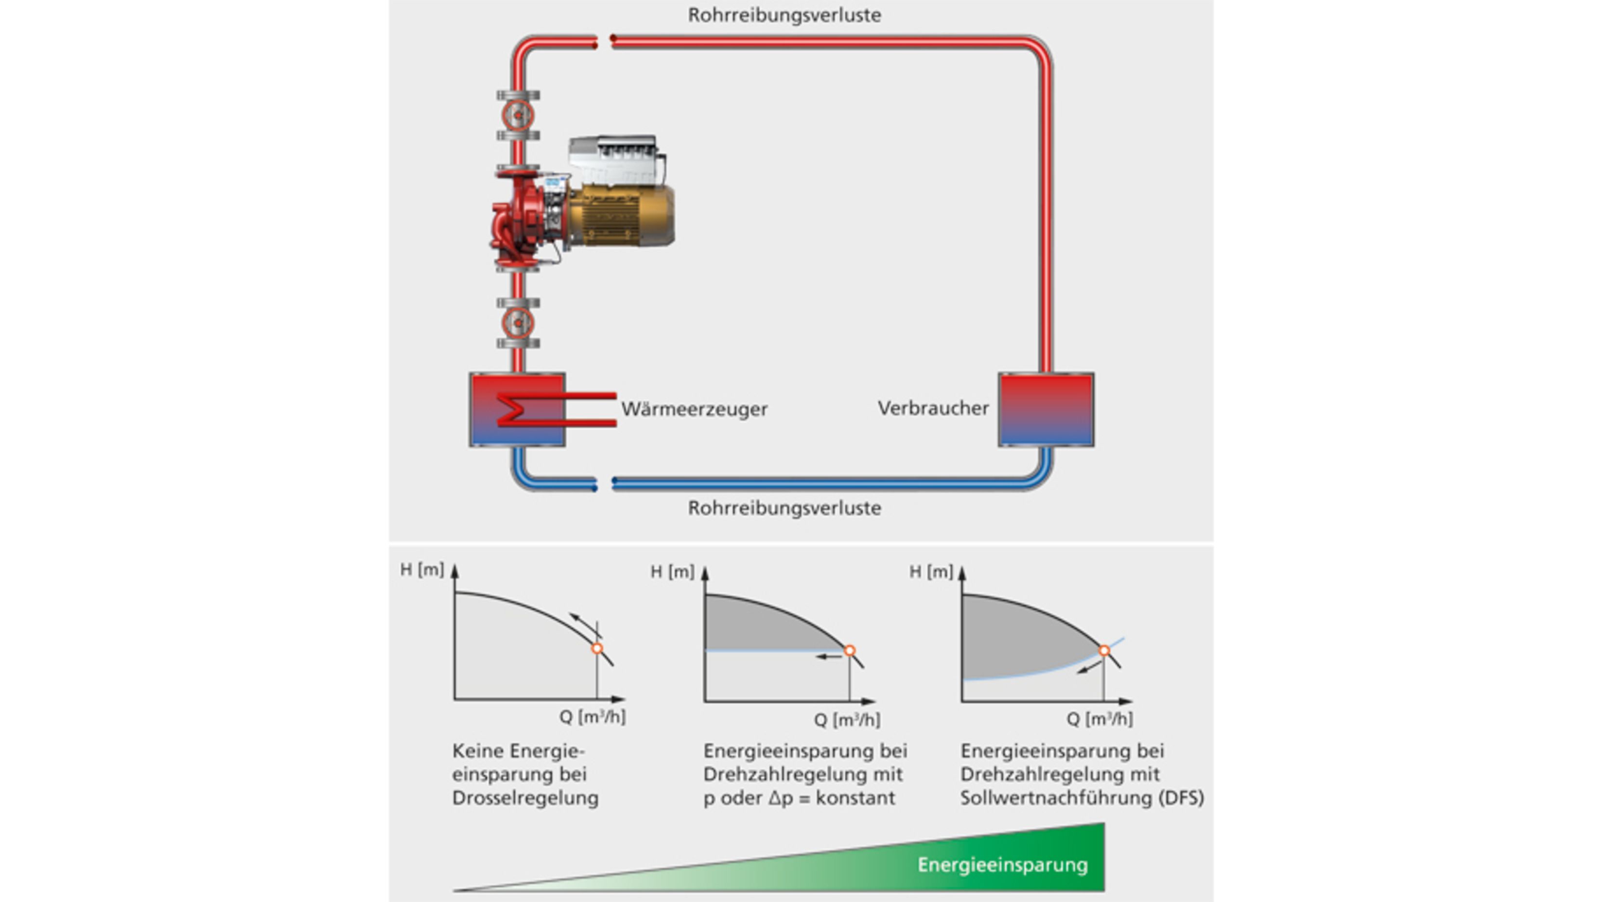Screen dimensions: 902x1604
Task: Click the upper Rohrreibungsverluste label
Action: pyautogui.click(x=784, y=15)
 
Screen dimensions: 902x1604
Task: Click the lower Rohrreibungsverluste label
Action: pyautogui.click(x=784, y=508)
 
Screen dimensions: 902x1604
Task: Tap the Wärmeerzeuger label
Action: pyautogui.click(x=694, y=409)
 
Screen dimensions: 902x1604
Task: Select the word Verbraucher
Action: pyautogui.click(x=933, y=408)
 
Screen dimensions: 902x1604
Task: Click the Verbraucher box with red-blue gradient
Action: pyautogui.click(x=1046, y=409)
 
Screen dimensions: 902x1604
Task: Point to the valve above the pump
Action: pyautogui.click(x=518, y=115)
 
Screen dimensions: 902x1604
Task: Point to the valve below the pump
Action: pyautogui.click(x=518, y=323)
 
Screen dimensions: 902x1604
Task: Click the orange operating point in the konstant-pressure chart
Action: pyautogui.click(x=849, y=651)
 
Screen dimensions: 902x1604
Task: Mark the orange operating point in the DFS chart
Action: pyautogui.click(x=1104, y=651)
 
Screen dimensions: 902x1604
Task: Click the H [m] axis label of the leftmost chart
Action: pyautogui.click(x=421, y=570)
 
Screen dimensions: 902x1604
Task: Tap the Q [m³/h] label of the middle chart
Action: pyautogui.click(x=847, y=720)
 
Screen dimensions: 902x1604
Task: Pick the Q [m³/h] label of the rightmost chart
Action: pyautogui.click(x=1099, y=719)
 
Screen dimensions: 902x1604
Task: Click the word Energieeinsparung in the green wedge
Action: pyautogui.click(x=1002, y=865)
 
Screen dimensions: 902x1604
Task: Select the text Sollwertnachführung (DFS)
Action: pyautogui.click(x=1081, y=798)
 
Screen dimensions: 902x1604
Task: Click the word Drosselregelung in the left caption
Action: pyautogui.click(x=525, y=798)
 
